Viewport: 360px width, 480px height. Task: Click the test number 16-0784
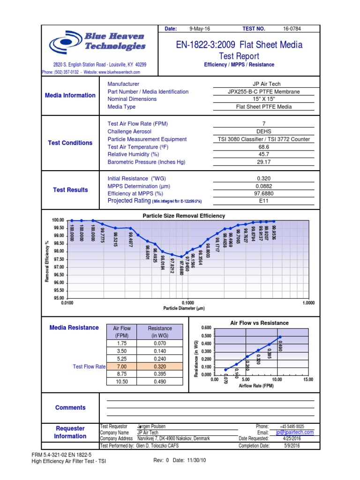[x=292, y=29]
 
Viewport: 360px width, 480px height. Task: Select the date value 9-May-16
[x=200, y=29]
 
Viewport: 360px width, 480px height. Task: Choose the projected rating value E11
[x=263, y=201]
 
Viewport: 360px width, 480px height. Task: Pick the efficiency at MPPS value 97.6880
[x=263, y=193]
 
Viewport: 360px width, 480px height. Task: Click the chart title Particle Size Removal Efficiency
[x=183, y=216]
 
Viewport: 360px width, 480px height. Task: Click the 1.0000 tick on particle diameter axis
[x=308, y=303]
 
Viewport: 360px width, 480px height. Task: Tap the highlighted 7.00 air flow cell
[x=121, y=366]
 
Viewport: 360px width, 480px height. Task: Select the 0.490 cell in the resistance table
[x=160, y=381]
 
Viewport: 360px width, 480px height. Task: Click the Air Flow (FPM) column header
[x=121, y=332]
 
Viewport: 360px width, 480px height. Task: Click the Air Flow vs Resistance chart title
[x=259, y=323]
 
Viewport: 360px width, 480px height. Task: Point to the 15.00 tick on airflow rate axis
[x=308, y=380]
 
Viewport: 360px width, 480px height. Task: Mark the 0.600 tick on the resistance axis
[x=206, y=328]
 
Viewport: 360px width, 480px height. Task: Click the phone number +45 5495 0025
[x=292, y=426]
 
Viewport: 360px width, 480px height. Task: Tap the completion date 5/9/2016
[x=292, y=445]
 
